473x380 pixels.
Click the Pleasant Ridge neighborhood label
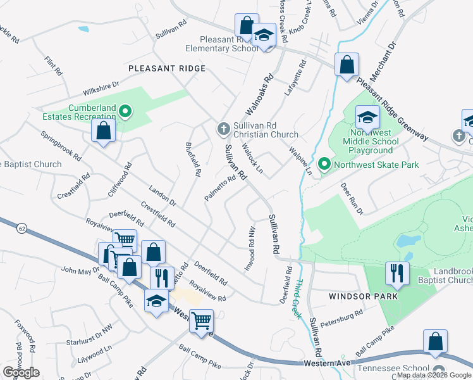tap(167, 68)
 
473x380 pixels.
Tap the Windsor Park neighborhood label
tap(363, 296)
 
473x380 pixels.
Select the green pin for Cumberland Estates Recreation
tap(125, 113)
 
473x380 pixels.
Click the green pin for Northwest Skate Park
tap(324, 165)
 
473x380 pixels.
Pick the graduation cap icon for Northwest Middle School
tap(367, 117)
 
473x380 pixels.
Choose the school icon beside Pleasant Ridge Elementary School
tap(264, 35)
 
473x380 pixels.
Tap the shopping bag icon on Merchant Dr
tap(347, 65)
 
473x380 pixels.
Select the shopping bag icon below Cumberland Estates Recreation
tap(104, 131)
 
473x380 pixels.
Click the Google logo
tap(21, 372)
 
